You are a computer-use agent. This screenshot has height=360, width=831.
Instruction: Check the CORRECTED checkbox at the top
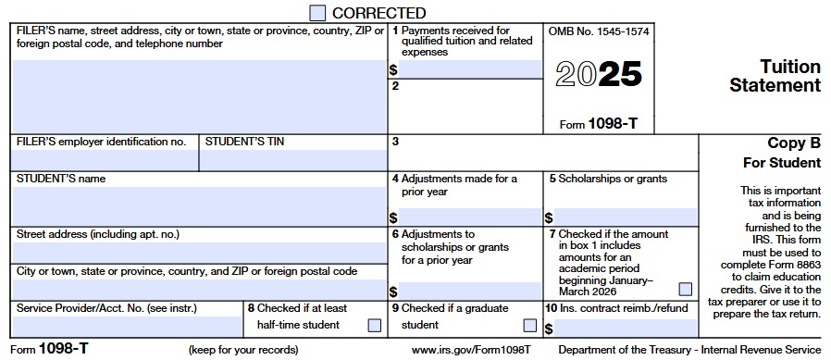[317, 13]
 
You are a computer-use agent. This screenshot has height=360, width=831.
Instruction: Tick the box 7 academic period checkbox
[685, 290]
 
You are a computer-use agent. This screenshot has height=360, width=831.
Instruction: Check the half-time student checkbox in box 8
[374, 325]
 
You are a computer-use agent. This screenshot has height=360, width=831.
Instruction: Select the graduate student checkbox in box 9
[529, 325]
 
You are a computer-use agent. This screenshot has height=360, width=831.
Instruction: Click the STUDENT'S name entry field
[200, 205]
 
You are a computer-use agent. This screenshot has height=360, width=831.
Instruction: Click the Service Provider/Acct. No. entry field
[128, 327]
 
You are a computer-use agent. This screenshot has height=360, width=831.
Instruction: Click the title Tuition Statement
[775, 76]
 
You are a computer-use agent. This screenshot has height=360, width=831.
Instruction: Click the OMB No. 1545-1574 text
[599, 31]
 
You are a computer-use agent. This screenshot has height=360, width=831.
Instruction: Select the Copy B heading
[794, 143]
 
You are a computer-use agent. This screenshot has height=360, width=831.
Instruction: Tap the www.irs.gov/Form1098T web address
[470, 350]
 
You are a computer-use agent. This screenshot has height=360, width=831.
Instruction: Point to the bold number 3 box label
[395, 142]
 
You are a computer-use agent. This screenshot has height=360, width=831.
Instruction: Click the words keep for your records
[243, 350]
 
